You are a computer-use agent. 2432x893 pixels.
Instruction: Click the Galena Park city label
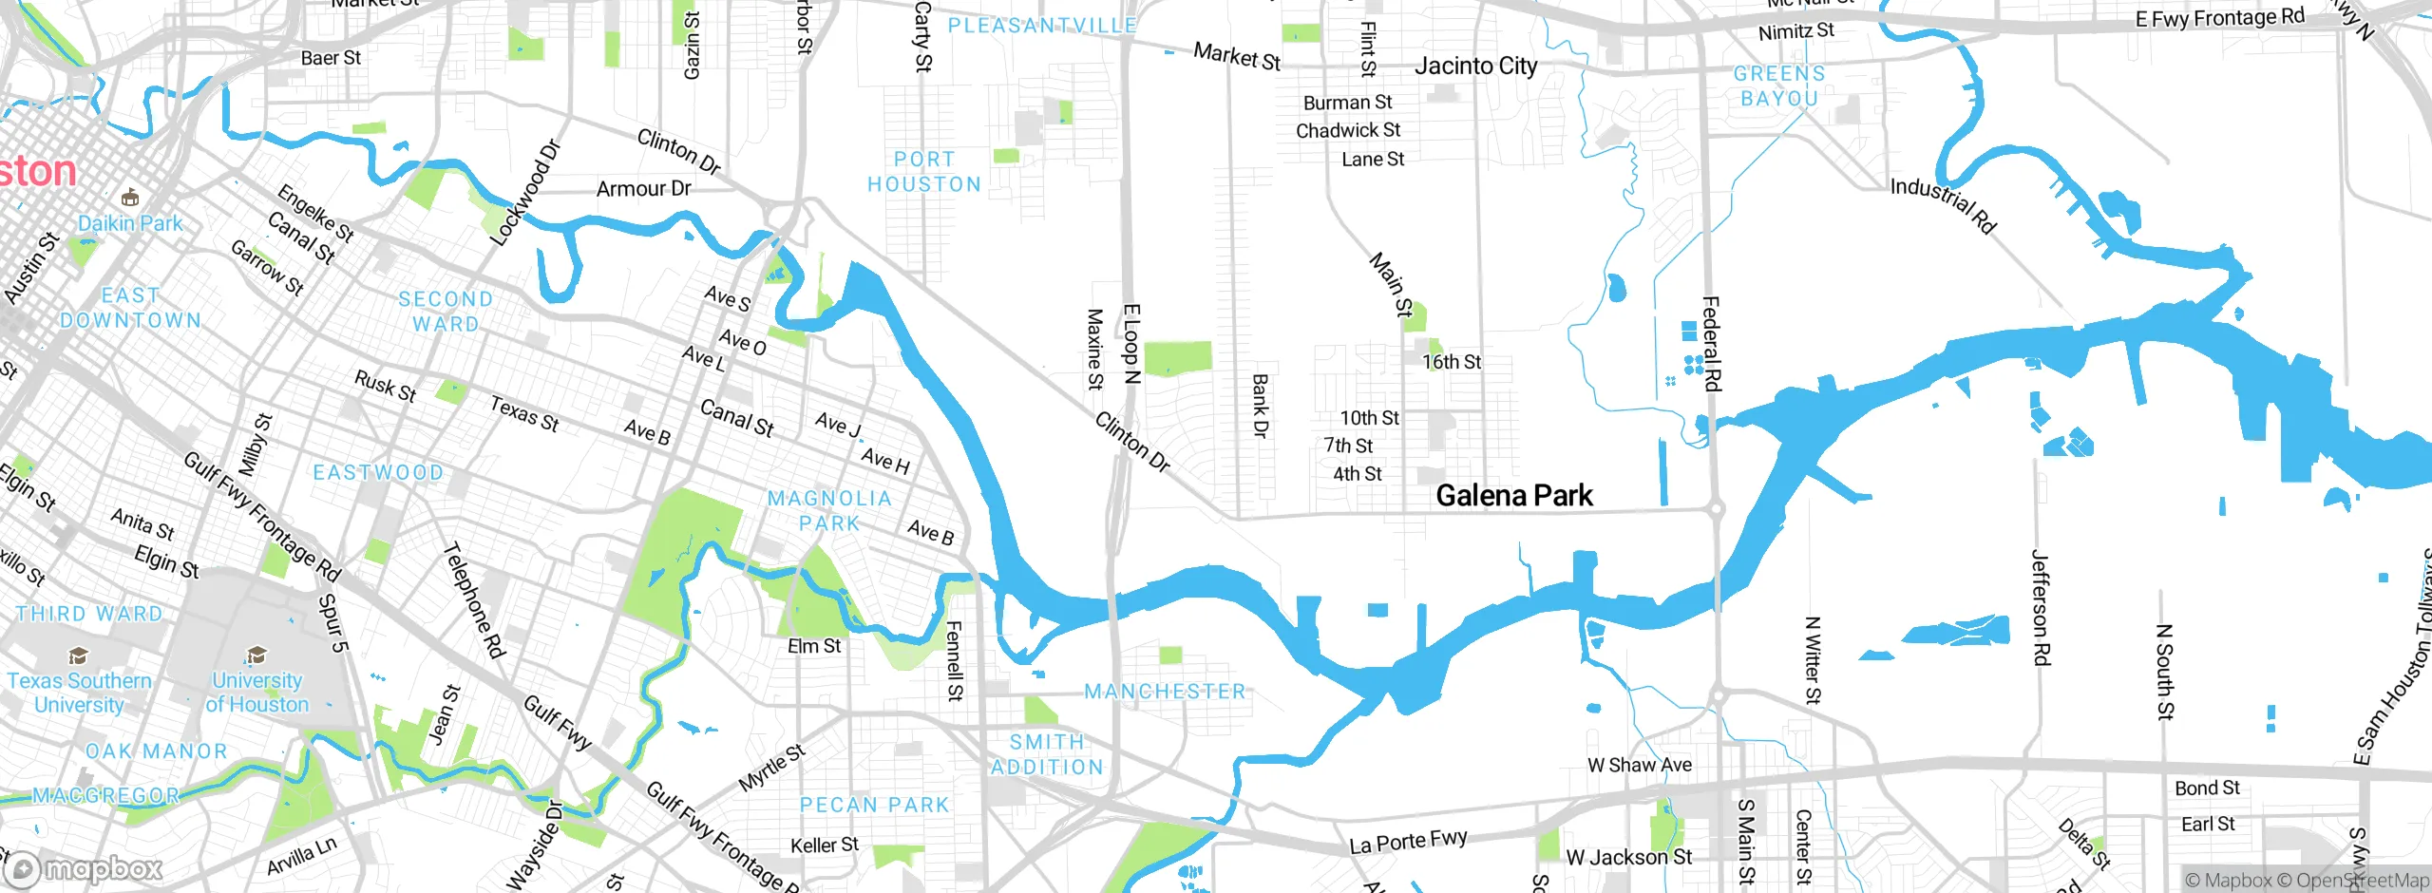tap(1513, 496)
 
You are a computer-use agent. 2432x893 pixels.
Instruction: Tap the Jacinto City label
tap(1475, 66)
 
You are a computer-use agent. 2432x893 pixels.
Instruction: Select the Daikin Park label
tap(130, 223)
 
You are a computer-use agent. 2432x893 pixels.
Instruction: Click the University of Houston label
tap(256, 693)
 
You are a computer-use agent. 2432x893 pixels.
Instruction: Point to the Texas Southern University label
tap(79, 693)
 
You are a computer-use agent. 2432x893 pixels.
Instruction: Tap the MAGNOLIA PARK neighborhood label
tap(829, 511)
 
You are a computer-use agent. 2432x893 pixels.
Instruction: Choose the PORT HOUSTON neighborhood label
tap(923, 172)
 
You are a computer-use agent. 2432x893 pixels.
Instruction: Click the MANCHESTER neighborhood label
tap(1165, 692)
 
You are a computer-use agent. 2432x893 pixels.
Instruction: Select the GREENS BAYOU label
tap(1778, 85)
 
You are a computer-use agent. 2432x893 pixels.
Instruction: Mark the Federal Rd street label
tap(1712, 344)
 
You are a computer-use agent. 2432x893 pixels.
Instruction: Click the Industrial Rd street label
tap(1943, 205)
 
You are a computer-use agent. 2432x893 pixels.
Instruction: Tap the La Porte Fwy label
tap(1408, 841)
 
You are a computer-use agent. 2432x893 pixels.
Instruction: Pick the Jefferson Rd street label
tap(2041, 607)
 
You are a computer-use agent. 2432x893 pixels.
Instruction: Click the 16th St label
tap(1451, 362)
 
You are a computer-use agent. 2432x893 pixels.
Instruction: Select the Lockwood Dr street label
tap(524, 194)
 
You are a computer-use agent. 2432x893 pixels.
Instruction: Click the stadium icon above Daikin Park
tap(130, 198)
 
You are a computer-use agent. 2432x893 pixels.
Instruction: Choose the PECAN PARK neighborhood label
tap(874, 806)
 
